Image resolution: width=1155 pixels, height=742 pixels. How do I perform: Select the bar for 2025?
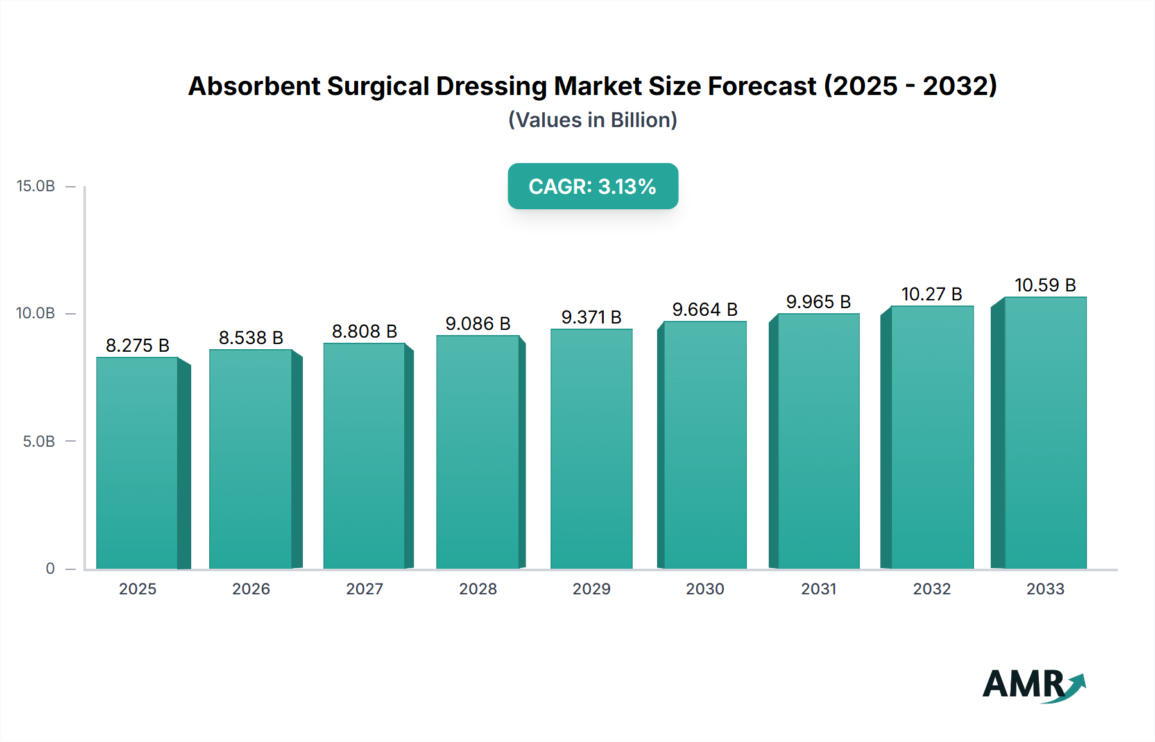coord(137,462)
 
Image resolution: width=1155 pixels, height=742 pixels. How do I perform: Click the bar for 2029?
coord(591,449)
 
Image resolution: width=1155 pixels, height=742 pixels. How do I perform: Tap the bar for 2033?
coord(1045,433)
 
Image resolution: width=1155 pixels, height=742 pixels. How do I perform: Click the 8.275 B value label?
coord(137,345)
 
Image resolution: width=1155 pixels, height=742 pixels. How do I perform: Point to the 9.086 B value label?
coord(477,324)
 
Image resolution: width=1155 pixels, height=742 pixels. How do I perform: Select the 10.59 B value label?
coord(1045,285)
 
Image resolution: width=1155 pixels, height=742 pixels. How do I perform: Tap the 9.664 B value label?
coord(705,309)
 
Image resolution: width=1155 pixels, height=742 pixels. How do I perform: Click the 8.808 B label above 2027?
coord(364,331)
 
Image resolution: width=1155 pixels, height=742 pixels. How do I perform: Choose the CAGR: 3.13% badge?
coord(592,186)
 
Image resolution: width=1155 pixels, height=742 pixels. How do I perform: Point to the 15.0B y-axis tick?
coord(36,186)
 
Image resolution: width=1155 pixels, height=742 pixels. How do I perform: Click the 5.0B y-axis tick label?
coord(38,442)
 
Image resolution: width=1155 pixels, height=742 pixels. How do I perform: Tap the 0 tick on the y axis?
coord(50,569)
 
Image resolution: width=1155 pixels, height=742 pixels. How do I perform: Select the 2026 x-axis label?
coord(251,589)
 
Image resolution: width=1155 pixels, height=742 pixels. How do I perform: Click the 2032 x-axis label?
coord(932,589)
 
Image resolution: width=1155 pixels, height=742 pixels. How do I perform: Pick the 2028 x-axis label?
coord(477,589)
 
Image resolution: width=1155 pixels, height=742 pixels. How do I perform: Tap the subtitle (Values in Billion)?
coord(592,120)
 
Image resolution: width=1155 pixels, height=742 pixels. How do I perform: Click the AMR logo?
coord(1033,684)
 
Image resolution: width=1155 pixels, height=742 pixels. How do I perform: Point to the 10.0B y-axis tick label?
coord(36,313)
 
